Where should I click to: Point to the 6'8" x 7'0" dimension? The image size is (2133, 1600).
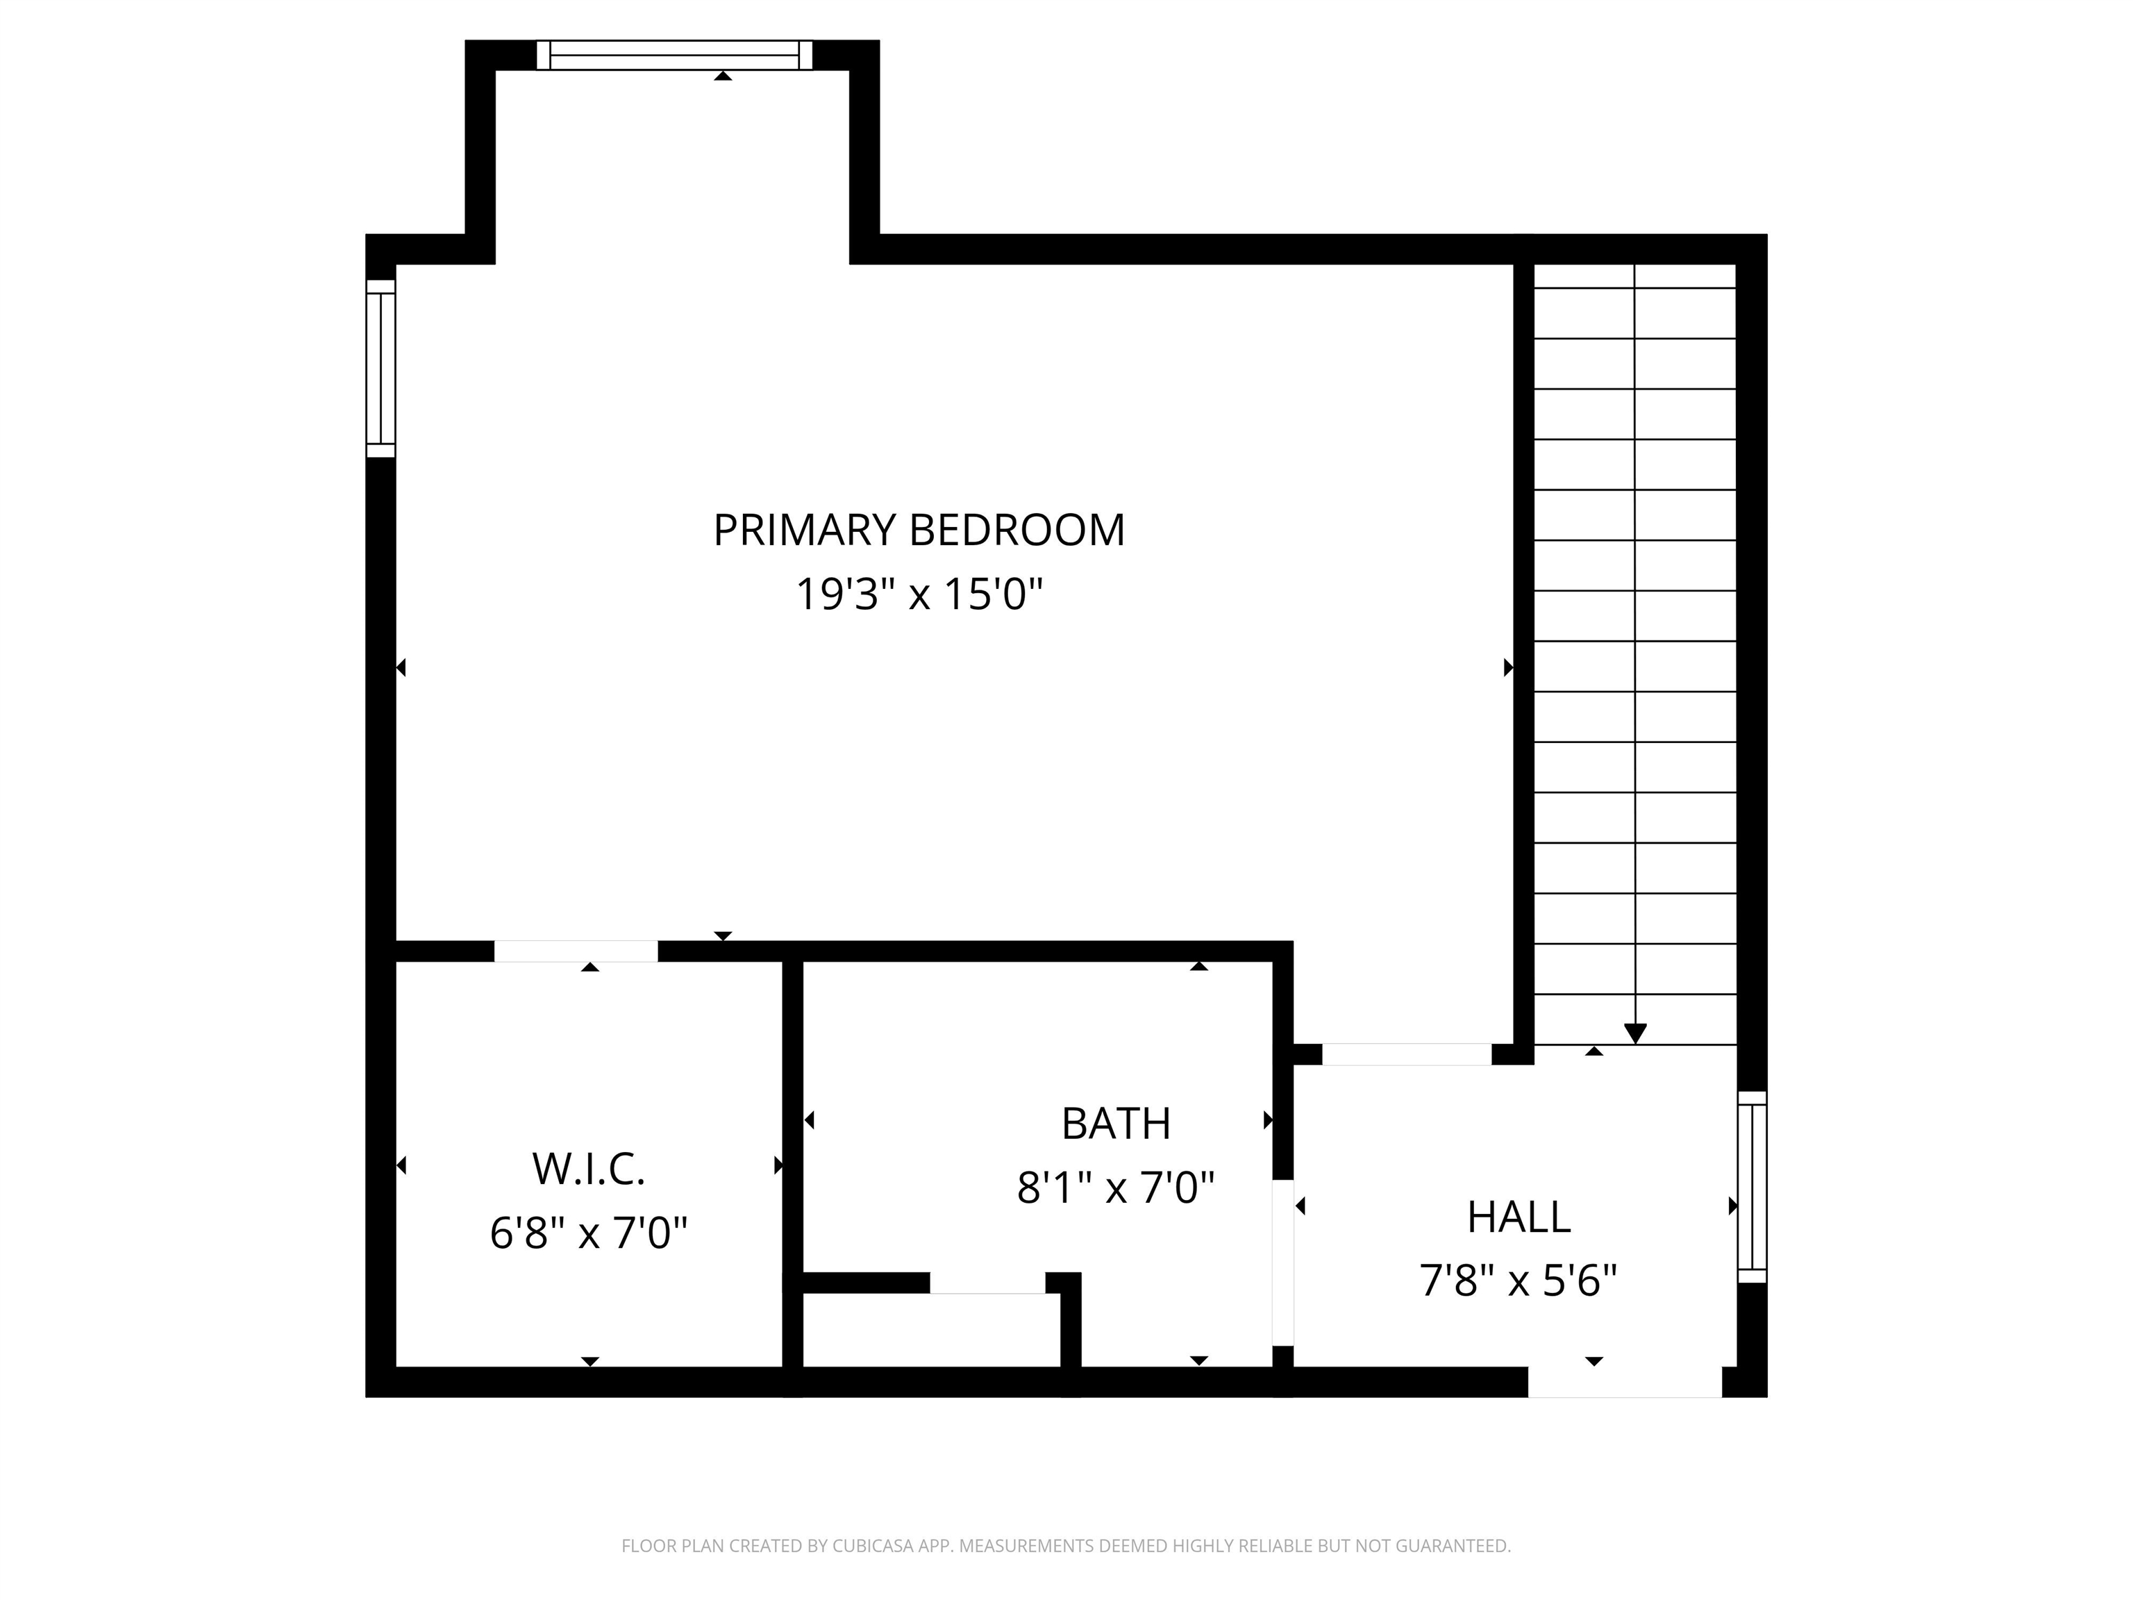(x=588, y=1233)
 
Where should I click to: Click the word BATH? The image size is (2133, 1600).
(x=1116, y=1124)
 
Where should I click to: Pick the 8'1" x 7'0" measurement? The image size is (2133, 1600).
(x=1116, y=1187)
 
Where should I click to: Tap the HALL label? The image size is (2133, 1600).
(x=1519, y=1217)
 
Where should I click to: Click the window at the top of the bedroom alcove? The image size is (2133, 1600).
(x=674, y=55)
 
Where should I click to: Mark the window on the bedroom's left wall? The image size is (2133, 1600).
(x=381, y=369)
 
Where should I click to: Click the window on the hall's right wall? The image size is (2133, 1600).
(x=1752, y=1187)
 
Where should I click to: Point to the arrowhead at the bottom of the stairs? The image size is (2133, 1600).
(x=1634, y=1033)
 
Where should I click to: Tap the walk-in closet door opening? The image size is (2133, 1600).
(x=576, y=951)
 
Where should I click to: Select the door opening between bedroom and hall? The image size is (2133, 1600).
(x=1406, y=1054)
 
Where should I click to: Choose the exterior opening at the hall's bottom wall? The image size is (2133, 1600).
(x=1625, y=1382)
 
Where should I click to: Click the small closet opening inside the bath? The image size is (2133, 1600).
(x=987, y=1283)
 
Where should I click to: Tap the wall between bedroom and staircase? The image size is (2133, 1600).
(x=1523, y=656)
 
